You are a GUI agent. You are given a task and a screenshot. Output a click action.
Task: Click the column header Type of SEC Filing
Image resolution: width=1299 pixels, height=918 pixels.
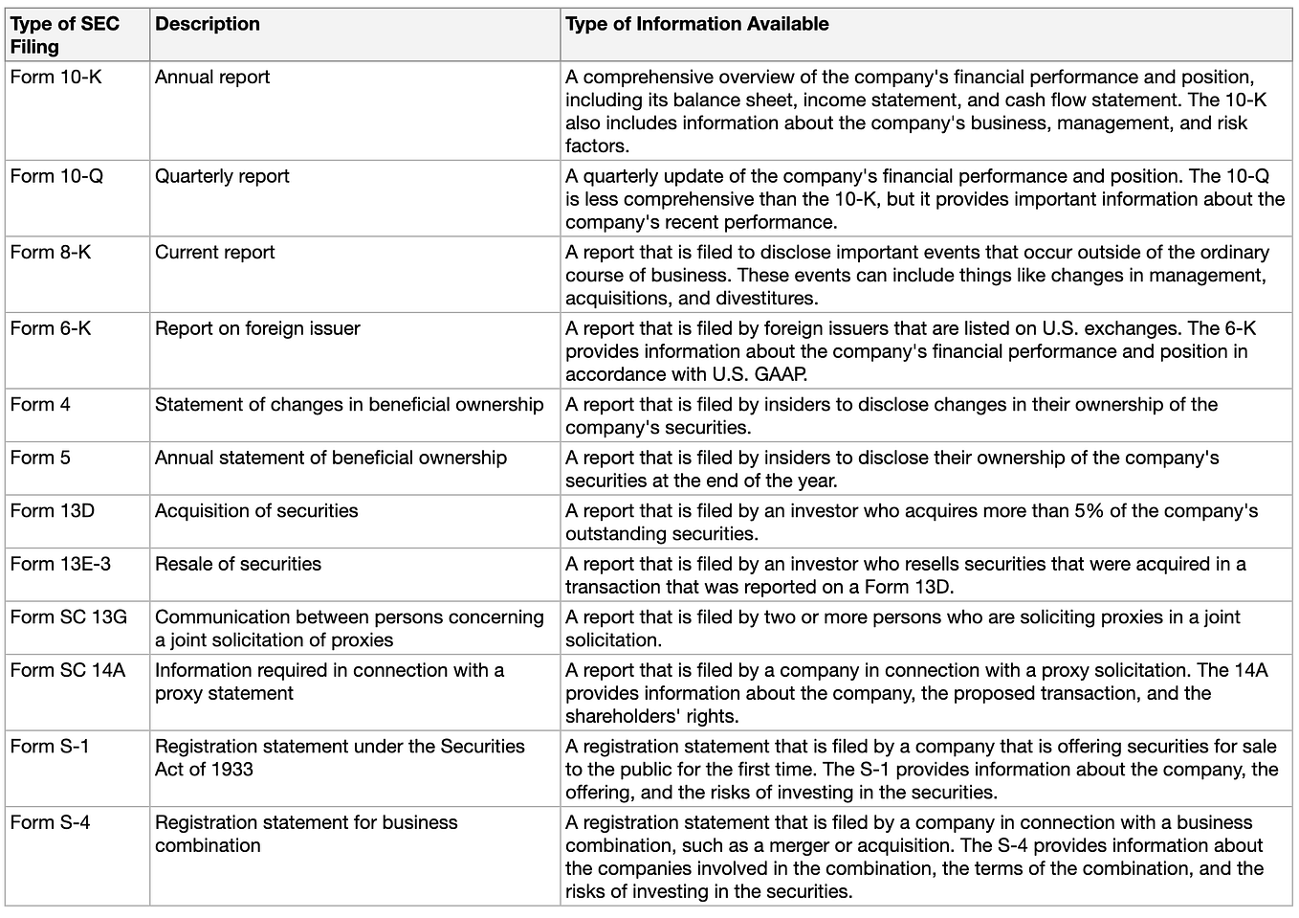pyautogui.click(x=64, y=35)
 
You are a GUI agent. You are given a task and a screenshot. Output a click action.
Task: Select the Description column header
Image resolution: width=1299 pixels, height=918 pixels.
pyautogui.click(x=208, y=25)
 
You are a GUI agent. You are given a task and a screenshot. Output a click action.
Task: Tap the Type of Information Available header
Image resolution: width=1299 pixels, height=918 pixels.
pyautogui.click(x=696, y=25)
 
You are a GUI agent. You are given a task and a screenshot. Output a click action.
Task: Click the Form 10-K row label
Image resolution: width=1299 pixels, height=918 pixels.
pyautogui.click(x=55, y=78)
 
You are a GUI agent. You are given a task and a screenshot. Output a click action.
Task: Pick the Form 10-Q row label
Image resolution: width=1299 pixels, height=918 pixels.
pyautogui.click(x=56, y=176)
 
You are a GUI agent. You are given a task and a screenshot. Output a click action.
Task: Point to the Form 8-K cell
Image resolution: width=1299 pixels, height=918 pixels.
pyautogui.click(x=51, y=253)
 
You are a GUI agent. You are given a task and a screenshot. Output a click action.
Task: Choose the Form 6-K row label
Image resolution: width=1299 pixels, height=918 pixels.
pyautogui.click(x=51, y=328)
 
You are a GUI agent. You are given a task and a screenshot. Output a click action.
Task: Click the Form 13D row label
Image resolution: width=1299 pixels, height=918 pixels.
pyautogui.click(x=53, y=511)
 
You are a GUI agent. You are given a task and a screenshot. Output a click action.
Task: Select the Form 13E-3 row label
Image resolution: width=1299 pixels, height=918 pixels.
pyautogui.click(x=60, y=564)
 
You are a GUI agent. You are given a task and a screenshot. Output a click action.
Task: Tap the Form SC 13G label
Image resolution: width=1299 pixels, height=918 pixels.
pyautogui.click(x=68, y=617)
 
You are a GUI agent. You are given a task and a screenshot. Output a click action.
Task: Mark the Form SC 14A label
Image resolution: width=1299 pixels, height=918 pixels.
pyautogui.click(x=68, y=670)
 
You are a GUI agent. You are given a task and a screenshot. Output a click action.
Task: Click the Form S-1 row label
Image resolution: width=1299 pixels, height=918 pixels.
pyautogui.click(x=50, y=746)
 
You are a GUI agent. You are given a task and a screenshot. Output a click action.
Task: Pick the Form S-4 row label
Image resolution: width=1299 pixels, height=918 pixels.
pyautogui.click(x=50, y=822)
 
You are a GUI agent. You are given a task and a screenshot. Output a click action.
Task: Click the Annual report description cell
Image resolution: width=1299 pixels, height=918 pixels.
pyautogui.click(x=212, y=78)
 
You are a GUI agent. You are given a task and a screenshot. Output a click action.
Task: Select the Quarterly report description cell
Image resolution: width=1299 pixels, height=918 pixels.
pyautogui.click(x=222, y=176)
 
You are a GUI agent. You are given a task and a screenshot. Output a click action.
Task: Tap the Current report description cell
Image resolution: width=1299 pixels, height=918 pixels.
pyautogui.click(x=214, y=253)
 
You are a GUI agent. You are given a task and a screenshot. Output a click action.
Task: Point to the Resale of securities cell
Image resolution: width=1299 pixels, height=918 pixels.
pyautogui.click(x=238, y=564)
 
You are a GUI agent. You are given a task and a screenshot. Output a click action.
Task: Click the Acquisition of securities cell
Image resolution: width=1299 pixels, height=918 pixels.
pyautogui.click(x=256, y=511)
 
